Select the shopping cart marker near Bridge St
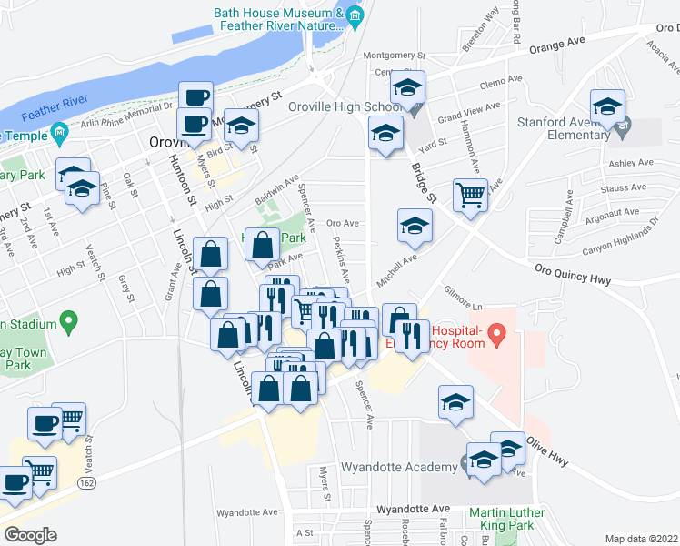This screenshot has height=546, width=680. (470, 194)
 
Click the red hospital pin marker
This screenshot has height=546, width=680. (496, 336)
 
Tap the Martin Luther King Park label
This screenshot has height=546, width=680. (507, 520)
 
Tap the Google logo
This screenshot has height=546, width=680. (30, 535)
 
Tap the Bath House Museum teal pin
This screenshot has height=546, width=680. (355, 15)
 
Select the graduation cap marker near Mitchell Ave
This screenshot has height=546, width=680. (415, 225)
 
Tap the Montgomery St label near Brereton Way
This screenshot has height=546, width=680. (394, 56)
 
